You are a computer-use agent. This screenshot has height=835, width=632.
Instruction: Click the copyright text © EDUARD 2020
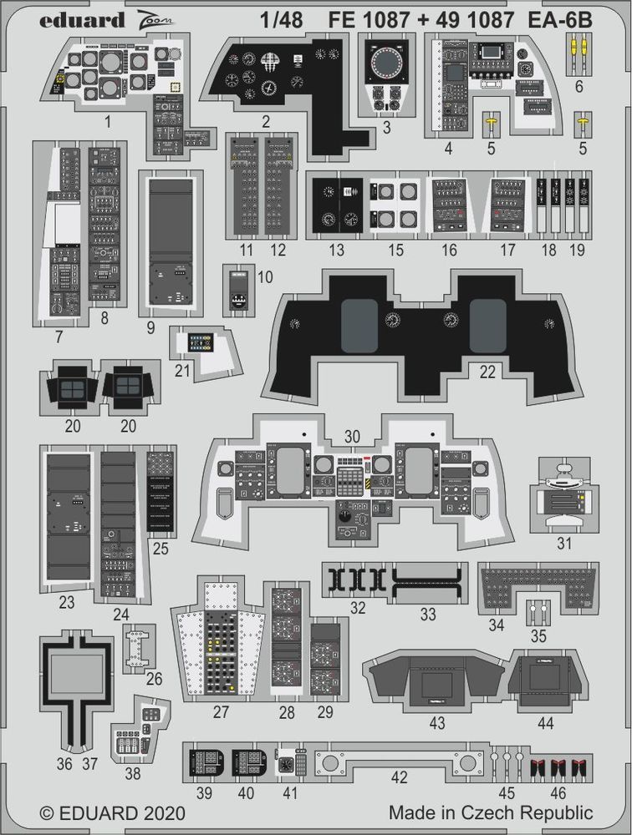coord(113,812)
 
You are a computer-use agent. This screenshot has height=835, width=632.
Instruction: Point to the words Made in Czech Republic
coord(490,812)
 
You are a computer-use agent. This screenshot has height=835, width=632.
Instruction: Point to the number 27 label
coord(221,712)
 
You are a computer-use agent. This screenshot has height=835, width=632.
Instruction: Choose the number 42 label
coord(399,777)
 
